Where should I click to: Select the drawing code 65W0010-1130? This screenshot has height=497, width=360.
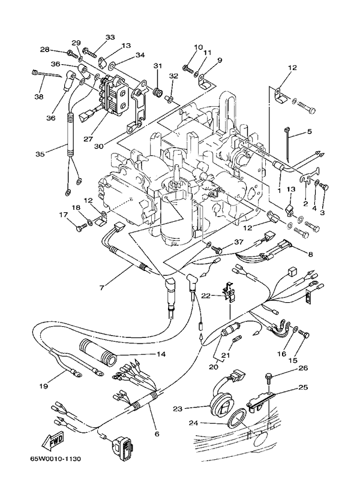click(55, 459)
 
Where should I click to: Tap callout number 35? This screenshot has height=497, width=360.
click(40, 153)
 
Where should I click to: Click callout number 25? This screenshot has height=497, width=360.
click(302, 388)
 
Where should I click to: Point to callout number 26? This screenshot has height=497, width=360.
click(302, 368)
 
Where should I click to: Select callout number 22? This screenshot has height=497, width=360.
click(205, 296)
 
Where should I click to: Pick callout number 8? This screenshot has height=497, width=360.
click(310, 254)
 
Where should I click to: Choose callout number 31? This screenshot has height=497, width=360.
click(158, 66)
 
